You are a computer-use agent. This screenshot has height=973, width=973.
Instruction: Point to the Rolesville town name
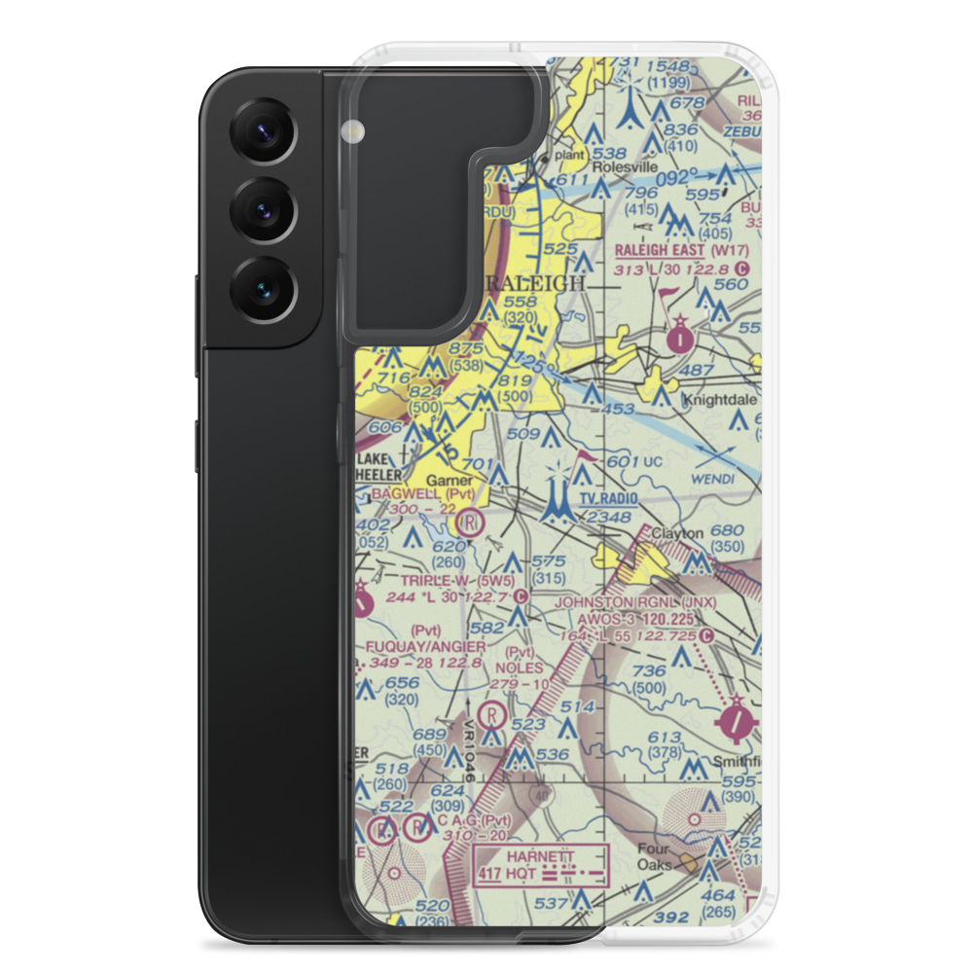click(594, 165)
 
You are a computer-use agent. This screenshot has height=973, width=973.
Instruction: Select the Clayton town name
click(677, 534)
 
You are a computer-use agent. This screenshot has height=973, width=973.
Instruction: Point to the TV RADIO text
click(608, 499)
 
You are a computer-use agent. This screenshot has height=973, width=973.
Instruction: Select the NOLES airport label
click(519, 668)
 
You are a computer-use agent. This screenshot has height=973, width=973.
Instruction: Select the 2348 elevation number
click(608, 517)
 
